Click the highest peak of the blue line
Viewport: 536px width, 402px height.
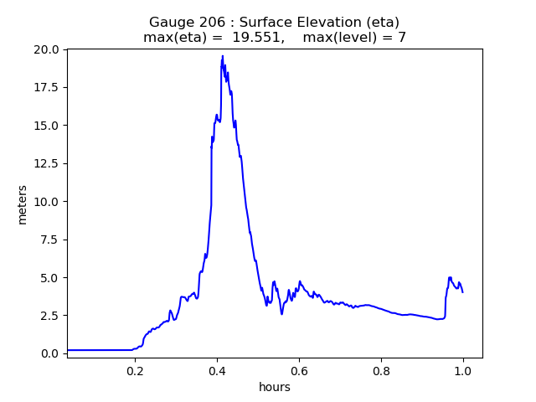point(223,56)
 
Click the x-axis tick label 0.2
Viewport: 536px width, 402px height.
point(135,370)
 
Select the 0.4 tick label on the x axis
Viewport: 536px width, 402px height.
point(217,370)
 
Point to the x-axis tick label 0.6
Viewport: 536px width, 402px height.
point(299,370)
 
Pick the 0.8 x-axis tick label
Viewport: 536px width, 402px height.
point(381,370)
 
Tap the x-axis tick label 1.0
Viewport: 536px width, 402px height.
point(463,370)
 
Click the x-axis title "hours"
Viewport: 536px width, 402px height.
point(275,387)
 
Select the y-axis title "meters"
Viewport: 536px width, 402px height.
point(23,204)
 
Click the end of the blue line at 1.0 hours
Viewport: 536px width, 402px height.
point(462,291)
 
